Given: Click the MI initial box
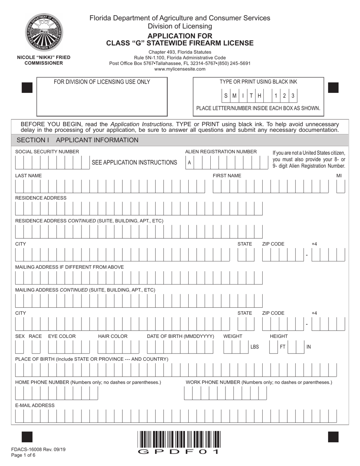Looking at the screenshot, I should coord(341,186).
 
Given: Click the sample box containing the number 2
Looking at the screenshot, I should coord(284,96).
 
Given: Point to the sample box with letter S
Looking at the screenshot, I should coord(226,96).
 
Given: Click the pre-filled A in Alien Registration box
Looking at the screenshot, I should coord(189,163).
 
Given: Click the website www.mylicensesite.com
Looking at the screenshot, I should coord(180,69).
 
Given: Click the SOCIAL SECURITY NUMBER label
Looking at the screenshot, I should coord(47,152).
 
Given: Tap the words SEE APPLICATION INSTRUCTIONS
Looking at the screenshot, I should coord(135,163).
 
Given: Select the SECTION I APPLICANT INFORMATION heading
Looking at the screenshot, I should coord(78,140).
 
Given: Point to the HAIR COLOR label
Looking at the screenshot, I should coord(113,336).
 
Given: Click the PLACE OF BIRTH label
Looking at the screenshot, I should coord(92,359).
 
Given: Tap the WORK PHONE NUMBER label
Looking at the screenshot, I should coord(259,382).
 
